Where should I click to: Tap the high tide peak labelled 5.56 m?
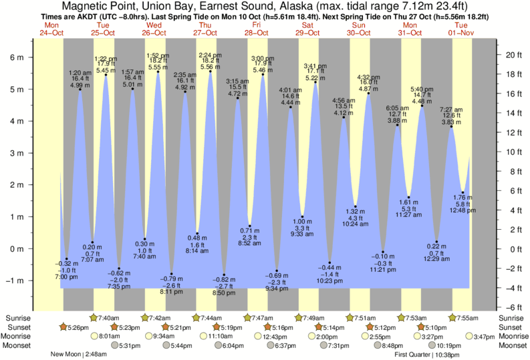[x=211, y=71]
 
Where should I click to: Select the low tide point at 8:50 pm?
[x=224, y=275]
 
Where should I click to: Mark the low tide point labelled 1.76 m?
[x=462, y=192]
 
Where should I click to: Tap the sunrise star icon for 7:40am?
[x=94, y=318]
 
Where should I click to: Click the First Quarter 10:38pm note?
[x=430, y=355]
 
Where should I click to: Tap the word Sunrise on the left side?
[x=17, y=318]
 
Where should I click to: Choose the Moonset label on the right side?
[x=513, y=346]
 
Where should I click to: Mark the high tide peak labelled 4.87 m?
[x=369, y=94]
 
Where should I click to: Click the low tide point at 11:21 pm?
[x=383, y=252]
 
